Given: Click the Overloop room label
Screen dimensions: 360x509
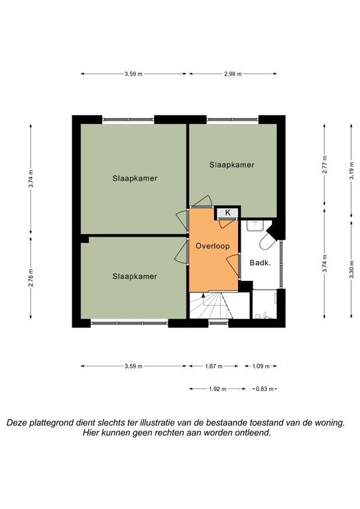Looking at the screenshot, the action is (213, 246).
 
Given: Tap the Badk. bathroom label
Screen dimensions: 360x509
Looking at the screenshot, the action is (260, 263).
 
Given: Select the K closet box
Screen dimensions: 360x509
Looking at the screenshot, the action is (227, 213).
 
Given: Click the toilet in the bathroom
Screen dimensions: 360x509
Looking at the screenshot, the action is (267, 242).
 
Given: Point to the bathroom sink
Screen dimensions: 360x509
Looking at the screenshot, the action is (255, 225).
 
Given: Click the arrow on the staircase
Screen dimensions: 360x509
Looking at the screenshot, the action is (204, 300).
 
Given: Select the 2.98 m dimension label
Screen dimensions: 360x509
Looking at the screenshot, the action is (233, 74).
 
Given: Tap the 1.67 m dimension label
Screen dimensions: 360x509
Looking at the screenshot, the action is (213, 367).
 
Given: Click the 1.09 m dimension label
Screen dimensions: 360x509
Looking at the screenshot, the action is (261, 367).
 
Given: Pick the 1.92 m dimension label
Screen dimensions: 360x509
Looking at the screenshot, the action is (217, 389).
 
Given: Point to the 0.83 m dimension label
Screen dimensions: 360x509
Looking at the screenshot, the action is (265, 389).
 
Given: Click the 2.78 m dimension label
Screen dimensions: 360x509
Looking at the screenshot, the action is (30, 277).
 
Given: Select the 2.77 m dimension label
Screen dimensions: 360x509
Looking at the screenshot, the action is (325, 164).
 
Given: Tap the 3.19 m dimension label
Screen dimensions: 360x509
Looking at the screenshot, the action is (351, 170).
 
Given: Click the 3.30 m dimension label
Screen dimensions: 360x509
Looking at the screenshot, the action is (351, 270).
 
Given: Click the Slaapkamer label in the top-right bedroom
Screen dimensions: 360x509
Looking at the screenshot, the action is (232, 165).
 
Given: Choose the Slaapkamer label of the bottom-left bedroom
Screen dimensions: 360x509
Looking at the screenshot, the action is (135, 276).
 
